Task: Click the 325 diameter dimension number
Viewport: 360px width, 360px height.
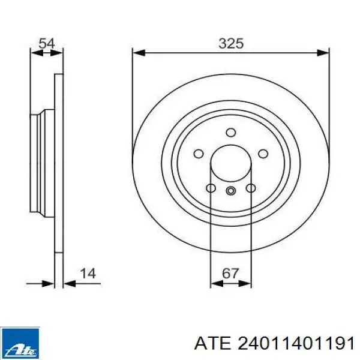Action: pos(231,43)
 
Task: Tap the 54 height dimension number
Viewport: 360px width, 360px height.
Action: pos(47,43)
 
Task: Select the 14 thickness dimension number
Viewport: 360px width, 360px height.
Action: pos(88,274)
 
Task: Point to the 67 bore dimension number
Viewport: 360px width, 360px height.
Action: pos(230,274)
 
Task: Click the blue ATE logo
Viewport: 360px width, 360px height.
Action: pos(20,343)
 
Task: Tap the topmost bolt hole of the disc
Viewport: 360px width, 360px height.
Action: pos(231,133)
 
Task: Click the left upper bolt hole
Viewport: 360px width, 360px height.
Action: pos(199,154)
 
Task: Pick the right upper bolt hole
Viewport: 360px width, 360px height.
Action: pos(263,154)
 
